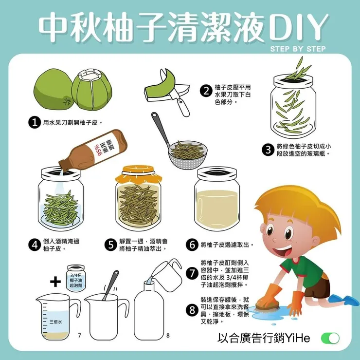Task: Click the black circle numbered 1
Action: pos(35,122)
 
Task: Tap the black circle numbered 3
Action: pos(268,150)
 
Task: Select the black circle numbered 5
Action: pos(110,245)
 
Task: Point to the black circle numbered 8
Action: pos(192,310)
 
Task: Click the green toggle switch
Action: pos(330,339)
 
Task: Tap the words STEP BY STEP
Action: pos(298,49)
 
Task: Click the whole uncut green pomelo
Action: pos(54,89)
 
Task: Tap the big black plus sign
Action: pos(55,282)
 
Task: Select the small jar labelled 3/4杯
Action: pos(76,278)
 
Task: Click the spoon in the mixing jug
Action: pos(110,285)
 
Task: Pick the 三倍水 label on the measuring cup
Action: pos(56,322)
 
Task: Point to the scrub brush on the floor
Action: pos(268,304)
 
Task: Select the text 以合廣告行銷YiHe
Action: pos(264,338)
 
